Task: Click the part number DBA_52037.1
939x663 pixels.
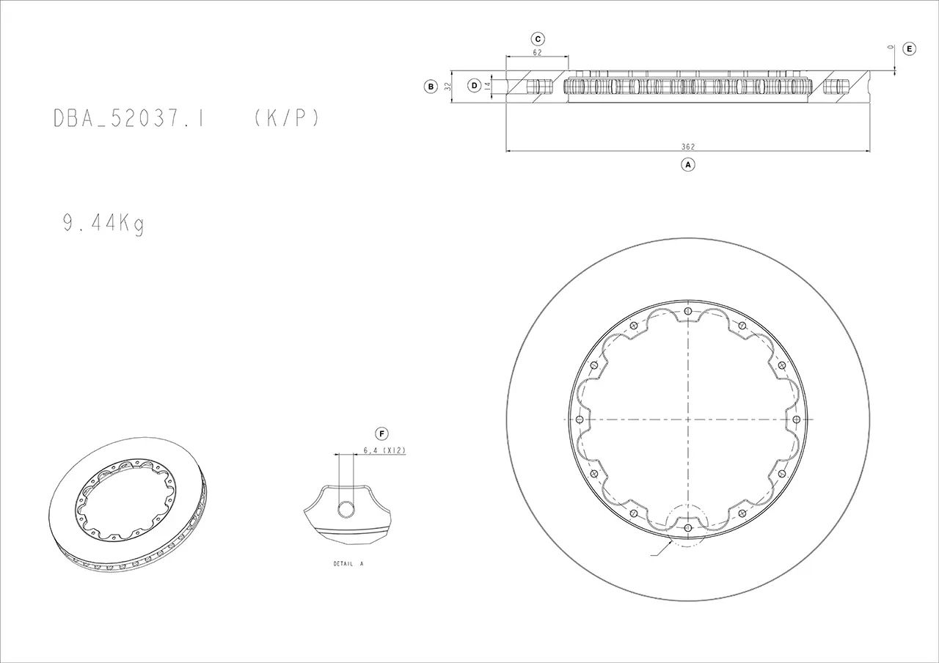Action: coord(128,118)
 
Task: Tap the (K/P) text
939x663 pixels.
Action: coord(287,118)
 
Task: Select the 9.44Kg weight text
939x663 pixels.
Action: coord(103,224)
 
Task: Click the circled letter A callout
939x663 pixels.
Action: coord(688,165)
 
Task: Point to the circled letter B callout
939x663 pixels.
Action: coord(431,87)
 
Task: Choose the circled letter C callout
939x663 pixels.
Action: coord(538,39)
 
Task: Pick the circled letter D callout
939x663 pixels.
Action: coord(474,86)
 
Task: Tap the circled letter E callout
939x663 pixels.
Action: coord(909,48)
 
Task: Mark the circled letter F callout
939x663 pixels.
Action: coord(381,433)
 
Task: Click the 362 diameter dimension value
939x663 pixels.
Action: coord(688,147)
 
